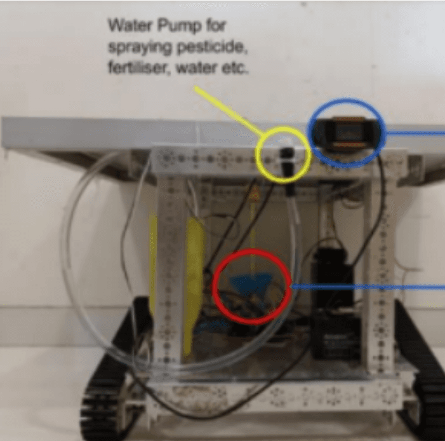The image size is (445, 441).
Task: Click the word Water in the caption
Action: [x=131, y=25]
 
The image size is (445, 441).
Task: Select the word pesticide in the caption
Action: [x=212, y=48]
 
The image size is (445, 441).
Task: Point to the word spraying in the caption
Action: [x=140, y=48]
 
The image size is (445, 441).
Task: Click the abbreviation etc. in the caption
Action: [x=234, y=69]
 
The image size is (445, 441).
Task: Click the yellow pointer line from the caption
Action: [x=229, y=110]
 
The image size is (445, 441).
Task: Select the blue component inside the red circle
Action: [x=249, y=284]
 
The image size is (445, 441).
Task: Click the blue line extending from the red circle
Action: [x=368, y=287]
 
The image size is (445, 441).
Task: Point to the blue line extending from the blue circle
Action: [x=415, y=133]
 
